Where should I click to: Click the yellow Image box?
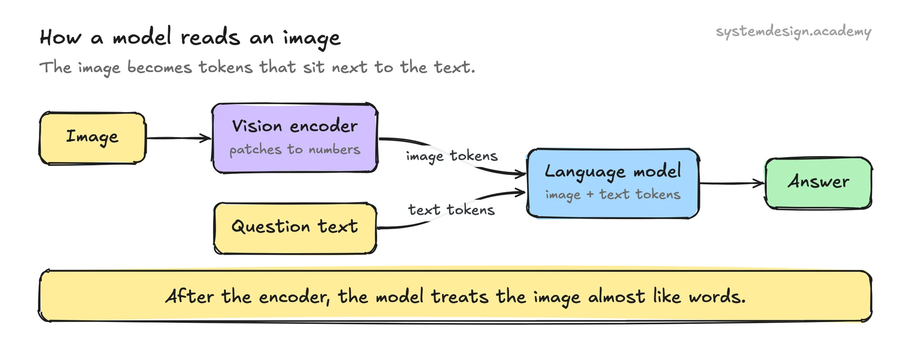click(93, 138)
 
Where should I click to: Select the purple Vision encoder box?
click(295, 138)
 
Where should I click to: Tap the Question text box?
click(295, 228)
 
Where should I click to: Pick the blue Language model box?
click(613, 184)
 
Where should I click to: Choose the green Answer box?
click(818, 183)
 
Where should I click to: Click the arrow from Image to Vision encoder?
click(179, 138)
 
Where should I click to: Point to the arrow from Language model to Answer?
click(732, 183)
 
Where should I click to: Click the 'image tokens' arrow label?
click(452, 156)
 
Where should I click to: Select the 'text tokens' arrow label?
click(451, 210)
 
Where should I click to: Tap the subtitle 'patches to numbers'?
click(295, 149)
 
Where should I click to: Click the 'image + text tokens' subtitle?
click(613, 194)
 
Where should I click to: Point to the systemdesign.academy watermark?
click(793, 32)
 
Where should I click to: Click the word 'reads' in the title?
click(210, 37)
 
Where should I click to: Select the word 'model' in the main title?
click(142, 37)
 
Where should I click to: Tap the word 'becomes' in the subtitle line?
click(159, 67)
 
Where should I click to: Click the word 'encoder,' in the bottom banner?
click(294, 297)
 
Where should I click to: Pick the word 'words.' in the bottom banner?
click(717, 297)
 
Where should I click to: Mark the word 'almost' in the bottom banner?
click(616, 297)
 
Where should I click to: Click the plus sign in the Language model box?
click(590, 195)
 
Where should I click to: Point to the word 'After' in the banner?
click(189, 296)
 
